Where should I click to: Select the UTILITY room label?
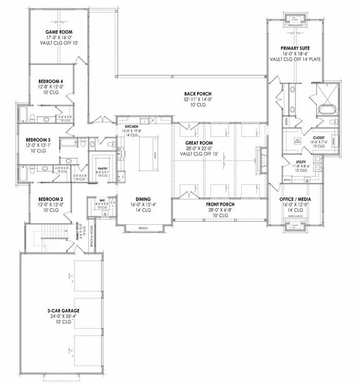coord(301,162)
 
